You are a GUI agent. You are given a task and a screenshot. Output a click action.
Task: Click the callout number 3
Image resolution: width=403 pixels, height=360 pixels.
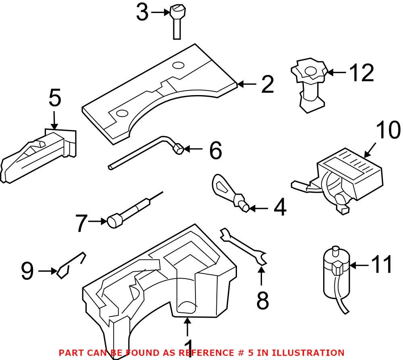point(142,12)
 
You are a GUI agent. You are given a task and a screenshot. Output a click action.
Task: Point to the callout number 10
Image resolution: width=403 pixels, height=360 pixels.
point(388,131)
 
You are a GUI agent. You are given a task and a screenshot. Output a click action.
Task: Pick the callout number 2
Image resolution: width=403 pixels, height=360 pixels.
point(267,85)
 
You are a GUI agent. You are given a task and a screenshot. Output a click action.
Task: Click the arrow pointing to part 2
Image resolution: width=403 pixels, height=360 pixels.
point(247,84)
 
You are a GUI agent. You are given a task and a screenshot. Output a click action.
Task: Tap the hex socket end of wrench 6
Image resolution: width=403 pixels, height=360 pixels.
point(178,150)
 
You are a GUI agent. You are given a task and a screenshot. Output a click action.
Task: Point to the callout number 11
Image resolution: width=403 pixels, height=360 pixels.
point(381,265)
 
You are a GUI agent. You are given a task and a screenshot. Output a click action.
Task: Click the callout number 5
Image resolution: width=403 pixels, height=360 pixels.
point(55,99)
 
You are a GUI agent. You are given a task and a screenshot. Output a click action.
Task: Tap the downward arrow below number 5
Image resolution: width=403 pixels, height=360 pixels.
point(54,121)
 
